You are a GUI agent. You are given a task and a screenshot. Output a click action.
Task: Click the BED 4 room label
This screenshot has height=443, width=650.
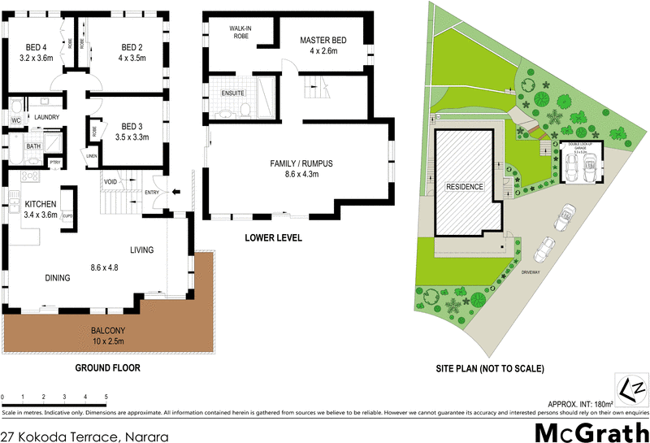click(x=36, y=46)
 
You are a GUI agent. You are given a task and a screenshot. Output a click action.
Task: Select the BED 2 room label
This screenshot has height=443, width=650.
click(x=132, y=46)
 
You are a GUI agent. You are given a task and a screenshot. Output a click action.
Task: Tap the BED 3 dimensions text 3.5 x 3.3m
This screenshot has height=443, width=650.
click(x=132, y=138)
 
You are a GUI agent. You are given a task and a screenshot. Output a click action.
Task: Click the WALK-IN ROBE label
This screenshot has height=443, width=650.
click(x=243, y=33)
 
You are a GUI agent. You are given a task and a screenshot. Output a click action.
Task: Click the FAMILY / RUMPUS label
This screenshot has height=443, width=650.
click(x=301, y=163)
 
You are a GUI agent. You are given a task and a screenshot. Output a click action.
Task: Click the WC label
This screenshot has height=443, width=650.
click(x=15, y=121)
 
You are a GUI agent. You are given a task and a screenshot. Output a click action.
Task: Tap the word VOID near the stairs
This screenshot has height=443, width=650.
click(x=111, y=181)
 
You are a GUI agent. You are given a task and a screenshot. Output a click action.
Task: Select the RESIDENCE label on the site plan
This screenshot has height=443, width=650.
click(x=464, y=187)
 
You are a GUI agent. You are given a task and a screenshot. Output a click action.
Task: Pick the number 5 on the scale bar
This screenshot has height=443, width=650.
click(x=106, y=397)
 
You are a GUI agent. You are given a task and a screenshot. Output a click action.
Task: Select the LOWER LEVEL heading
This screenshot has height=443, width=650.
click(x=273, y=238)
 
